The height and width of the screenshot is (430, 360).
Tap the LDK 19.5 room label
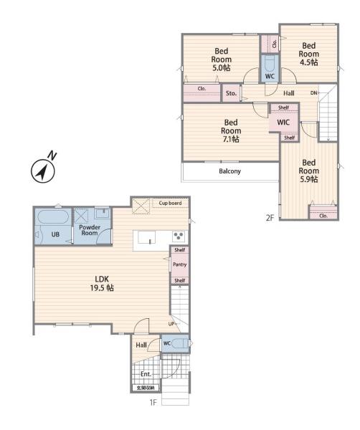point(102,284)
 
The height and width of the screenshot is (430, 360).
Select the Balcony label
point(230,171)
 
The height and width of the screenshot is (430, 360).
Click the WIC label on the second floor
point(283,122)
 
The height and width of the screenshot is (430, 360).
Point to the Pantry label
point(180,264)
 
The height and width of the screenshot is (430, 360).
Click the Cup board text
point(170,203)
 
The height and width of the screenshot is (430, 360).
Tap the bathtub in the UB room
point(53,217)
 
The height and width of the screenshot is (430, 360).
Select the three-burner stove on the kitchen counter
point(179,236)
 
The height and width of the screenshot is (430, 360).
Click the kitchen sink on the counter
point(146,237)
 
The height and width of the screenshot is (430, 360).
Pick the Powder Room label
point(90,230)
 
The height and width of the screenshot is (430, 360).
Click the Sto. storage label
point(231,93)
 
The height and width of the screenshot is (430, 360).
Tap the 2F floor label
point(270,217)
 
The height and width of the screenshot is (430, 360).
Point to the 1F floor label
point(153,402)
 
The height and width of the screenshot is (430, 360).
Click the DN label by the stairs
point(313,93)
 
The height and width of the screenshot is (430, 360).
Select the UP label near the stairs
point(171,324)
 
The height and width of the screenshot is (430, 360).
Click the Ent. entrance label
point(146,374)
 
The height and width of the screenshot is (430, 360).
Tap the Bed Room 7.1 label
point(231,131)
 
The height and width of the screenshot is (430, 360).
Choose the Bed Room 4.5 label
point(308,54)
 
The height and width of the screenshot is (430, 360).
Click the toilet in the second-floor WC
point(270,64)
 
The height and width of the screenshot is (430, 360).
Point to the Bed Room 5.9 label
point(308,171)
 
